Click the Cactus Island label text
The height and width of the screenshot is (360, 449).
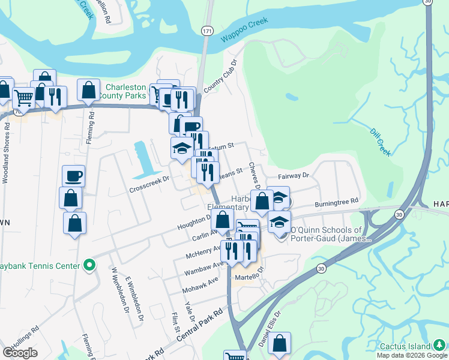click(x=405, y=346)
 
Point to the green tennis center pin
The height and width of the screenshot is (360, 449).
click(x=89, y=265)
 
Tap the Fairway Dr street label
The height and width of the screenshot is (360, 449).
click(x=293, y=176)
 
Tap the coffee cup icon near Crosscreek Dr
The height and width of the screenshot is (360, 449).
click(x=73, y=175)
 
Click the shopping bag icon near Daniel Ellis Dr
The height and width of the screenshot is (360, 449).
click(x=280, y=343)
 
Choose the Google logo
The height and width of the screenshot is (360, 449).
click(x=20, y=352)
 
